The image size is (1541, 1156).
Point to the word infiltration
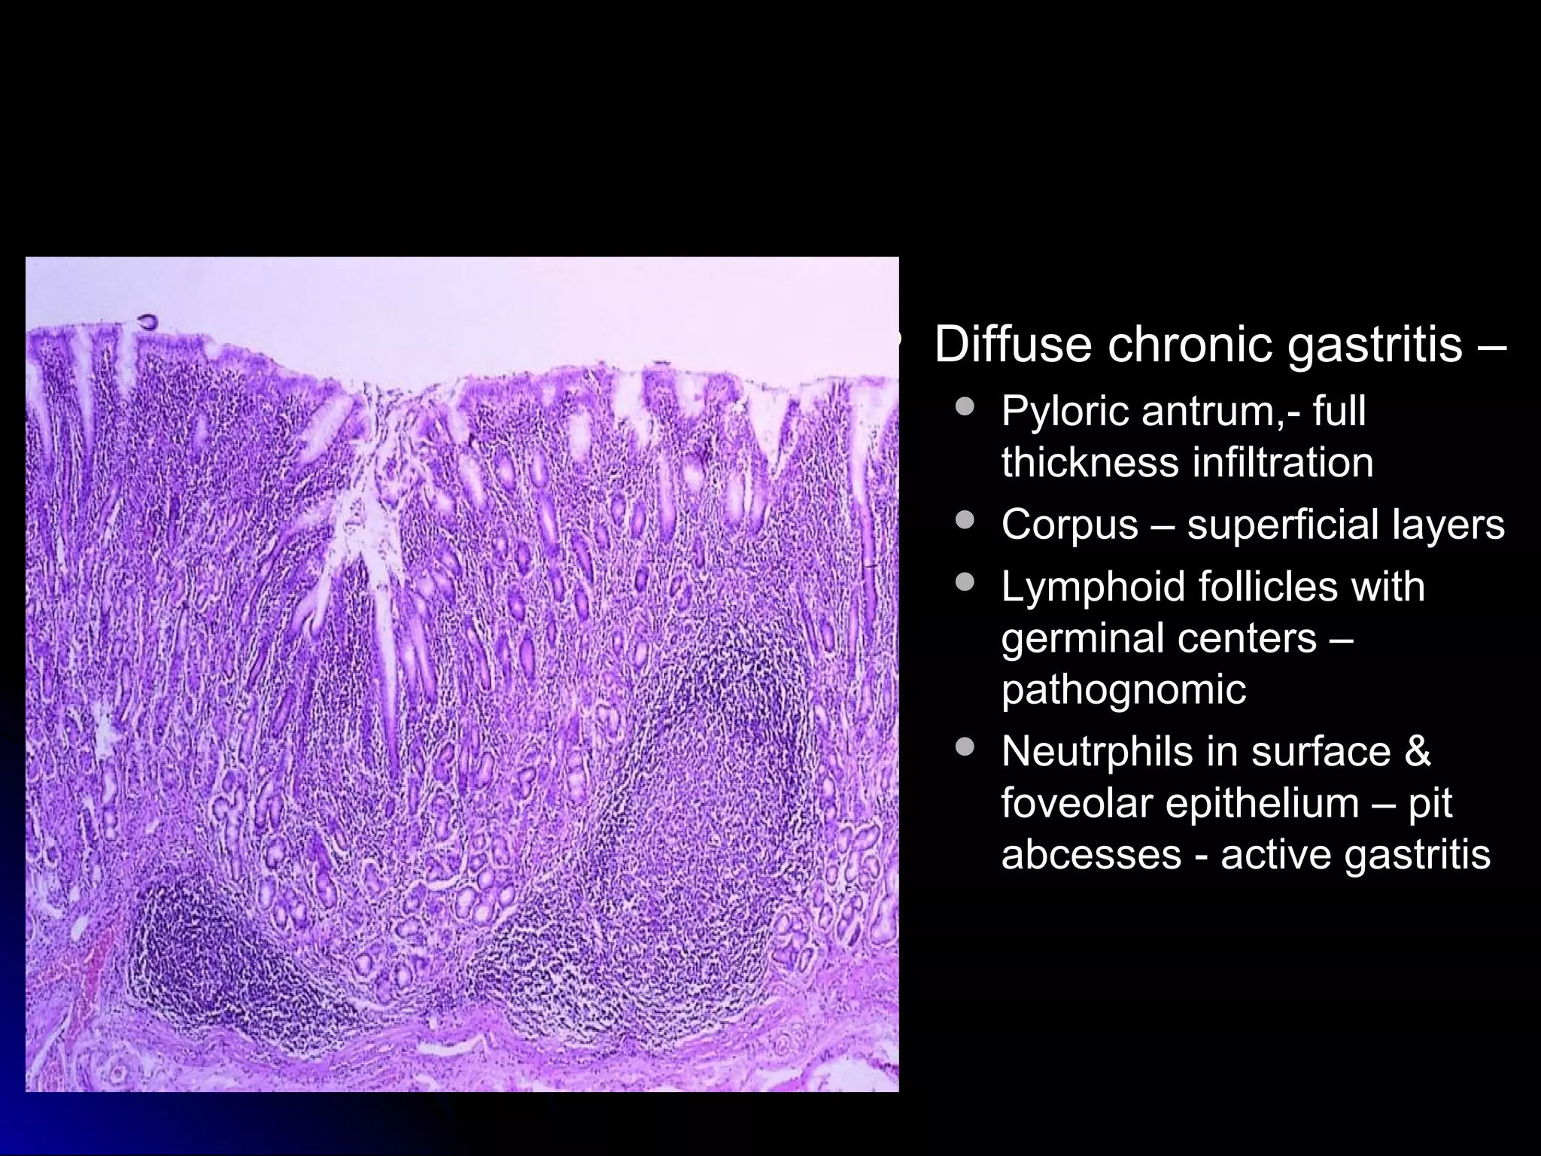pyautogui.click(x=1283, y=462)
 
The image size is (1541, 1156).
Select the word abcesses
pyautogui.click(x=1091, y=854)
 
